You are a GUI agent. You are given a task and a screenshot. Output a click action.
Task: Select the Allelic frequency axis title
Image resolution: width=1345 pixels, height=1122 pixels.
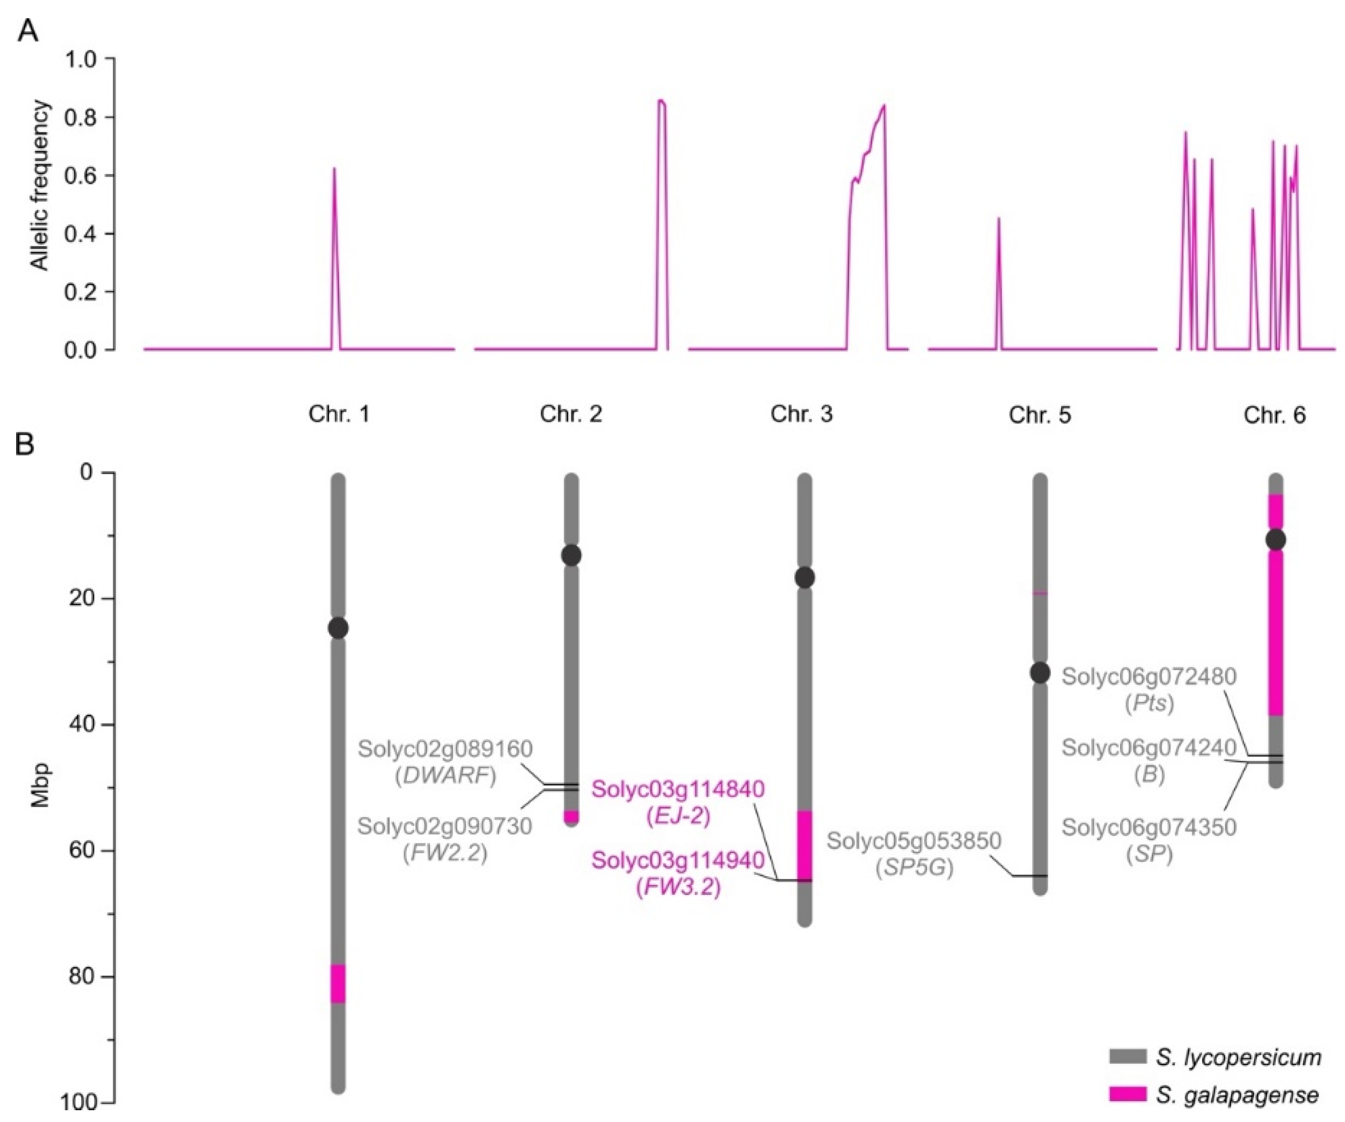(x=40, y=186)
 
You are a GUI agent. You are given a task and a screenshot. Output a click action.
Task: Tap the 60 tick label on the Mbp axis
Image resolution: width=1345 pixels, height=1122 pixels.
(x=82, y=850)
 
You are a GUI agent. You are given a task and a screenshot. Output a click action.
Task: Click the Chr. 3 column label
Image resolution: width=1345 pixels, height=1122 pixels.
(x=801, y=414)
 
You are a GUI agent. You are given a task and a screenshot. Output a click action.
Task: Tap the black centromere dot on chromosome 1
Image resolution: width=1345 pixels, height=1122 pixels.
(x=338, y=628)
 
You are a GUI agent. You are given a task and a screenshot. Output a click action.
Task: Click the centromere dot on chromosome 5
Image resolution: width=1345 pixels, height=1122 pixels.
(x=1040, y=672)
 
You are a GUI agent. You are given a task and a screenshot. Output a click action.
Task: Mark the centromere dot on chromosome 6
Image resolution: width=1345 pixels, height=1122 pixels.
(x=1276, y=540)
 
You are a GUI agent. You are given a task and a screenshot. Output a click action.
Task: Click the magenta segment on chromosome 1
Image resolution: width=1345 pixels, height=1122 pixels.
(x=338, y=984)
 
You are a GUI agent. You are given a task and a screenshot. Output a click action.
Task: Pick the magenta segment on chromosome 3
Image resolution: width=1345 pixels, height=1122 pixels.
(x=805, y=845)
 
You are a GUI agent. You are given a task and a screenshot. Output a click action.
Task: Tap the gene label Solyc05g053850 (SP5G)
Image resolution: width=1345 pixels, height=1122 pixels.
(x=914, y=853)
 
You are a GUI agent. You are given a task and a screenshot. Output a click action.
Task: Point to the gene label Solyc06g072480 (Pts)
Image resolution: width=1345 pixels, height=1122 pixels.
(x=1149, y=689)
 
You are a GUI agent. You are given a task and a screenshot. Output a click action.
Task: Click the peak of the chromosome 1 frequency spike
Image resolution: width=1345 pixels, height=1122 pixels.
(x=334, y=168)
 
